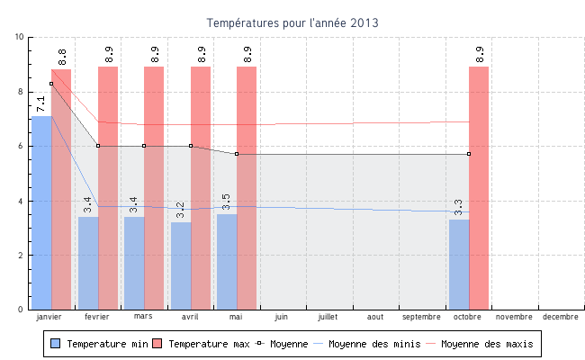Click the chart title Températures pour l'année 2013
292,22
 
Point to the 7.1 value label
40,104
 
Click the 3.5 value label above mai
226,202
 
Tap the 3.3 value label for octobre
458,208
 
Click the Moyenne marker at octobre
469,154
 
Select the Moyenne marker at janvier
51,84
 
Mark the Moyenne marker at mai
237,154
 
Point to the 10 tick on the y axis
20,37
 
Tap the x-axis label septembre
421,317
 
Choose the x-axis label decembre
561,317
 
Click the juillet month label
328,317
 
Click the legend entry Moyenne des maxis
478,344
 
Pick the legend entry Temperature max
201,344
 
